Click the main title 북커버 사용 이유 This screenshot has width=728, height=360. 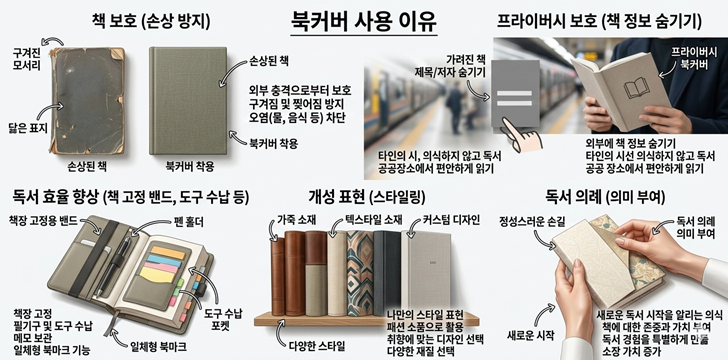364,21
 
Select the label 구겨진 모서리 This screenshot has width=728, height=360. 26,59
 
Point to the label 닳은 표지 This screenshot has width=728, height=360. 28,128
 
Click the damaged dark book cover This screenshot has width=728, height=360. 88,101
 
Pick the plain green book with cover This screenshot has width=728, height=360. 188,100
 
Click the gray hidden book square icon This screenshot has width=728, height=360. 515,93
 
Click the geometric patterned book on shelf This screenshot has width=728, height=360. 360,274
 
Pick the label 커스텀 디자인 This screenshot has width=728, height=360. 451,219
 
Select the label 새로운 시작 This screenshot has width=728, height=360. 529,334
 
